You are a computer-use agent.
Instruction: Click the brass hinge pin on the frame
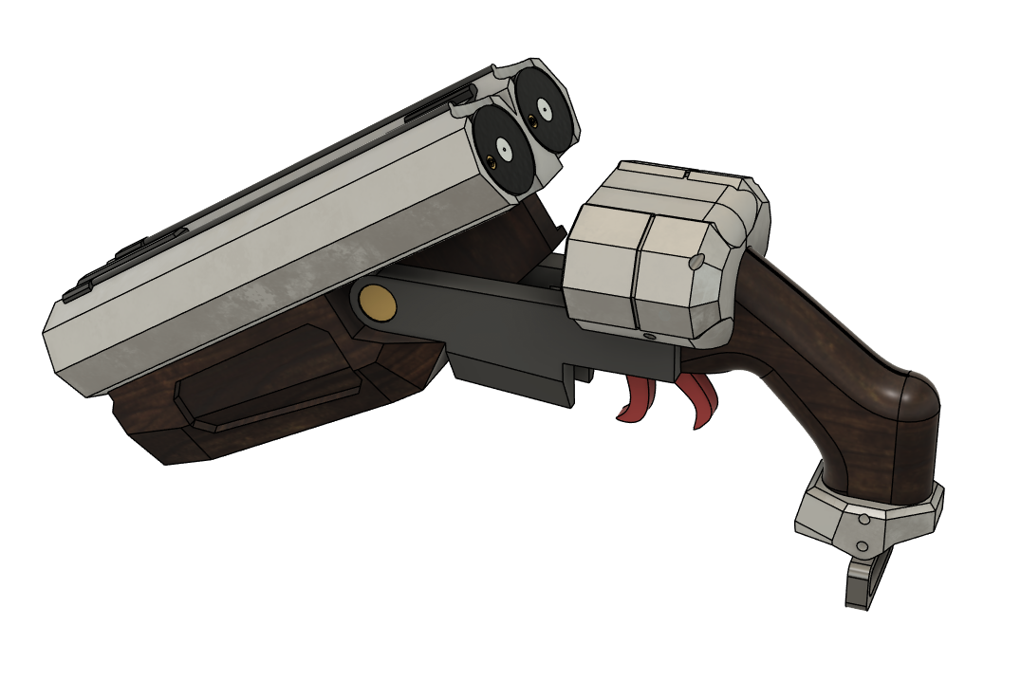pos(379,303)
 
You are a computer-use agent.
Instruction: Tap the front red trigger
pos(637,402)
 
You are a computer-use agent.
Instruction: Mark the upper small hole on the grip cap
pos(865,519)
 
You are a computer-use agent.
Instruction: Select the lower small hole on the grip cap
pos(861,547)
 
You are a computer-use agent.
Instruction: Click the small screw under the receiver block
pos(649,337)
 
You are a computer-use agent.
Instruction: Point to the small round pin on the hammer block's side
pos(696,259)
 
